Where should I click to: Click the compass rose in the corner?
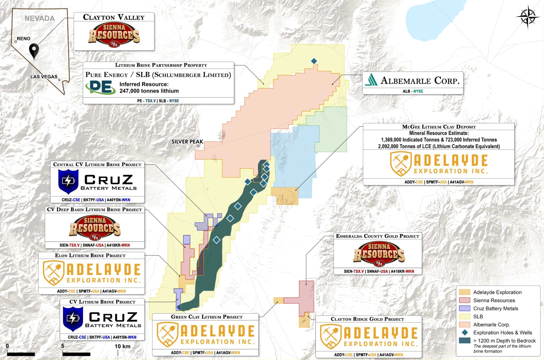point(527,17)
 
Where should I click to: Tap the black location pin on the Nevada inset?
point(34,51)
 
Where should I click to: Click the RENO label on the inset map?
point(24,39)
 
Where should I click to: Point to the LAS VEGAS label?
point(44,77)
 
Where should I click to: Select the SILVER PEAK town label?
point(187,142)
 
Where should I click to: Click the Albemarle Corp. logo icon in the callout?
point(371,80)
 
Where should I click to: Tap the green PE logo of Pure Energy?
point(100,87)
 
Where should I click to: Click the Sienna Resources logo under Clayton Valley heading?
point(114,35)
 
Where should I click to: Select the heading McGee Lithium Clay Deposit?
point(439,127)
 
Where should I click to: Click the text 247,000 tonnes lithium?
point(149,91)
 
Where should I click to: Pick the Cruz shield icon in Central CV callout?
point(68,181)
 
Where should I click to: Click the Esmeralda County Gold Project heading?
point(378,236)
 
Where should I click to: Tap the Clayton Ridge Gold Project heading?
point(367,319)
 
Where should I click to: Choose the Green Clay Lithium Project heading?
point(206,317)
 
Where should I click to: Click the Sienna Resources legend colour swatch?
point(464,300)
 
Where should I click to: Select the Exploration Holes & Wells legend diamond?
point(465,333)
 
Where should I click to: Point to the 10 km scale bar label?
point(122,346)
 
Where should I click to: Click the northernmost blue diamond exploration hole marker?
point(314,61)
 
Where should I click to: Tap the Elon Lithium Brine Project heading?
point(90,255)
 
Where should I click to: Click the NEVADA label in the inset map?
point(40,18)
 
